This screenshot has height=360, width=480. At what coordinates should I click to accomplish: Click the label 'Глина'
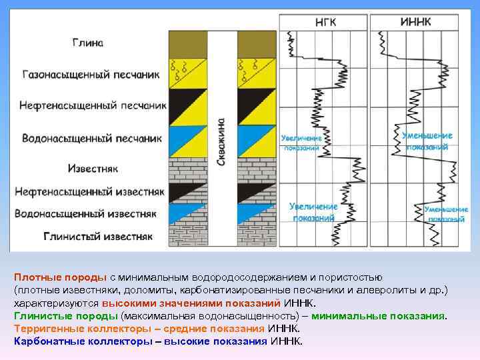(x=88, y=43)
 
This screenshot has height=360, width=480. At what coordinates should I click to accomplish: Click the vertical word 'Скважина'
(x=221, y=143)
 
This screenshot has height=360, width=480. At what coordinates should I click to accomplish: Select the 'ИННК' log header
(x=415, y=22)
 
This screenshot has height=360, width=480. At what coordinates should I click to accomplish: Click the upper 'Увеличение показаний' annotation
(x=301, y=143)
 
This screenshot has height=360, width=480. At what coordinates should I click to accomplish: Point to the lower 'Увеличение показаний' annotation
(x=313, y=211)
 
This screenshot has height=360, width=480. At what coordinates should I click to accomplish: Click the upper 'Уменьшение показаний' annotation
(x=427, y=141)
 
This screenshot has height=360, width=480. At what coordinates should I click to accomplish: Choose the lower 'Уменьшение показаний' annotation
(x=446, y=214)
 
